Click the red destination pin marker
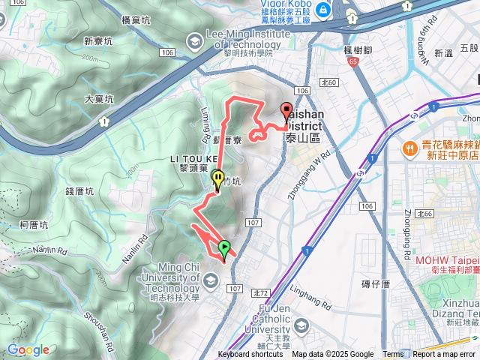286,111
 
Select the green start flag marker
224,247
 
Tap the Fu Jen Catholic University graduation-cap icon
301,325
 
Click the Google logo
28,349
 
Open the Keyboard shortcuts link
250,355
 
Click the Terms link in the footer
393,355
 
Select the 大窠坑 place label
100,99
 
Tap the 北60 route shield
328,82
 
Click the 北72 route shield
261,292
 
